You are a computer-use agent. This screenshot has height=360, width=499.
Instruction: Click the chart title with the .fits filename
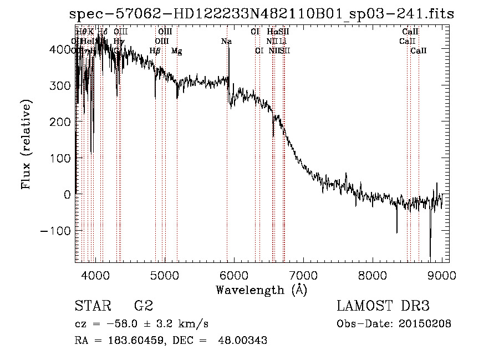(261, 15)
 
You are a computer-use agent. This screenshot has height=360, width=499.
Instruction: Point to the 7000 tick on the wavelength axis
(303, 275)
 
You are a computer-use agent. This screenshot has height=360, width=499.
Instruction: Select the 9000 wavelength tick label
(442, 275)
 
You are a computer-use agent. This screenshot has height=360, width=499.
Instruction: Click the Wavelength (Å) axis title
(261, 290)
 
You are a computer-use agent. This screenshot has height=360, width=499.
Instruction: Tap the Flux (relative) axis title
(27, 145)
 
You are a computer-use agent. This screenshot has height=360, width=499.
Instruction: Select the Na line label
(226, 41)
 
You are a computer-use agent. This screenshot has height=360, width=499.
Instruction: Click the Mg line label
(176, 51)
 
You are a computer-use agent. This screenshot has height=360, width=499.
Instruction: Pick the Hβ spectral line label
(155, 51)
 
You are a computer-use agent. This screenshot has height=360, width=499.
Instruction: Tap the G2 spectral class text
(144, 306)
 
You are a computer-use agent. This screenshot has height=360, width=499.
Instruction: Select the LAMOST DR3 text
(383, 306)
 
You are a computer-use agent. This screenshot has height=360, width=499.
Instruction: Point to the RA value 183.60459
(131, 341)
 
